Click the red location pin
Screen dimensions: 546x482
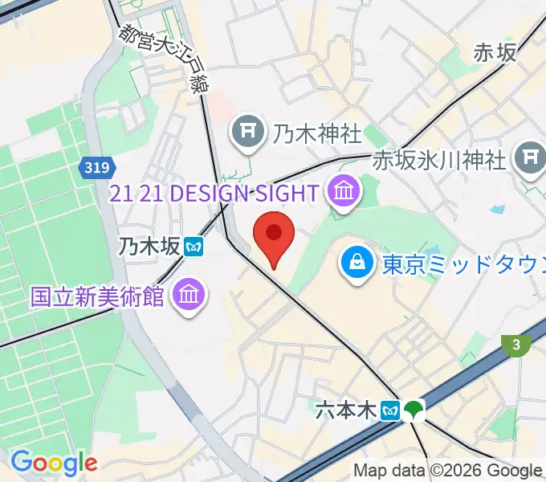coord(274,235)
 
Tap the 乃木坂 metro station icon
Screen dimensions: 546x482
coord(193,247)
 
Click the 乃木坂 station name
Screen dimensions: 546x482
coord(148,247)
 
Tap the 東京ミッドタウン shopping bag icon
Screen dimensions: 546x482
coord(354,263)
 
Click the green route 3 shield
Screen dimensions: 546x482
coord(515,345)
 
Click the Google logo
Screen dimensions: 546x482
coord(54,464)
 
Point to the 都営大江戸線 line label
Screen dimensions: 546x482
coord(161,57)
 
